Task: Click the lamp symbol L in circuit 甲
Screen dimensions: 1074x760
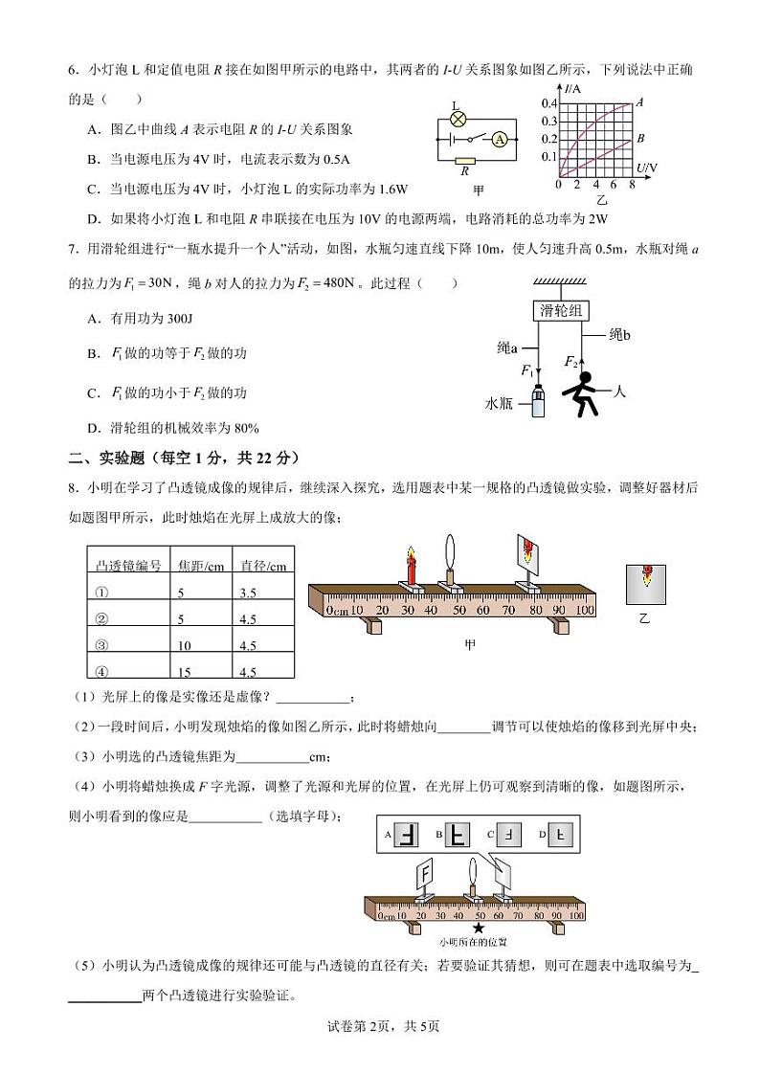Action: tap(458, 120)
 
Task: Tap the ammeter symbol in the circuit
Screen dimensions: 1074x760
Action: tap(499, 139)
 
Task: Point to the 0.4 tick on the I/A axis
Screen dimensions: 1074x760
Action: tap(548, 103)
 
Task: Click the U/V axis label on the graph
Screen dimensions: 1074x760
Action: tap(646, 168)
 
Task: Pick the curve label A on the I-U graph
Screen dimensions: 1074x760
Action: tap(639, 101)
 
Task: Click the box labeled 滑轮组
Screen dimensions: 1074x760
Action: tap(561, 310)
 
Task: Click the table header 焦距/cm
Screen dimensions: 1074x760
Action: tap(200, 566)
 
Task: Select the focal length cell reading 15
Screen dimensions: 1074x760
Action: tap(186, 672)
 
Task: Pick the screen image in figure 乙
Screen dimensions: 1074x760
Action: tap(647, 583)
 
